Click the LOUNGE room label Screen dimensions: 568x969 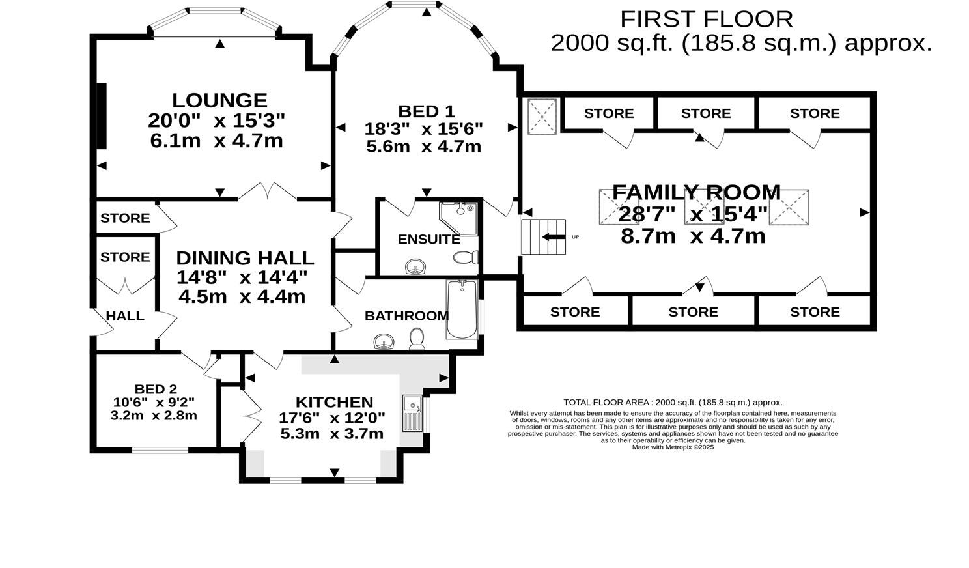(219, 100)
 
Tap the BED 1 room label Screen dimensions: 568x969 (426, 111)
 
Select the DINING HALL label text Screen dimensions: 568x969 (245, 258)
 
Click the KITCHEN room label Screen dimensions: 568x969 (334, 402)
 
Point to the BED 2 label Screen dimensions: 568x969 (155, 390)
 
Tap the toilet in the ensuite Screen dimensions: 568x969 (466, 258)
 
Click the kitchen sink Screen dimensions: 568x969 (413, 413)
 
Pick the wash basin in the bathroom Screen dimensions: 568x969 (384, 342)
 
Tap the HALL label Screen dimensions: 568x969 (125, 316)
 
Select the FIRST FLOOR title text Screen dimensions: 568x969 (706, 19)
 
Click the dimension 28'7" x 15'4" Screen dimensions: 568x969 (693, 214)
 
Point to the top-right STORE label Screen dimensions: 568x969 (814, 113)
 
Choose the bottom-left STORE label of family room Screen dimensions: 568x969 (574, 312)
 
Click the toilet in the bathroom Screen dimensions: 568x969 (417, 338)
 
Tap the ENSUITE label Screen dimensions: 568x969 (428, 239)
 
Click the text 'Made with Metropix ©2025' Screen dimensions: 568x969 (673, 447)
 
